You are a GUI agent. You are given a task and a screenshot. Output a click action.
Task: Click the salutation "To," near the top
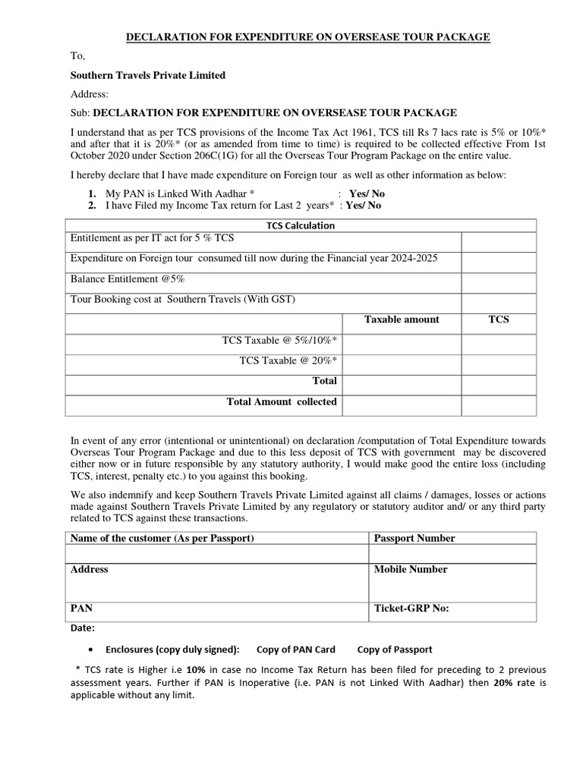(x=78, y=56)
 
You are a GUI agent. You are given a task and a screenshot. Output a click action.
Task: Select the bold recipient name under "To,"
(x=147, y=75)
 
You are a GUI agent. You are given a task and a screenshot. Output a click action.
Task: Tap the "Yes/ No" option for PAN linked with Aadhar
(x=367, y=193)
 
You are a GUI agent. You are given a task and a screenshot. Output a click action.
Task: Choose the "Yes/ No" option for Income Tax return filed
(x=364, y=205)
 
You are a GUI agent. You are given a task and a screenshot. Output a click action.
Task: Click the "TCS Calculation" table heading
(x=300, y=225)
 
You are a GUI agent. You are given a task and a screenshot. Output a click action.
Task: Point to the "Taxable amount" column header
(x=401, y=319)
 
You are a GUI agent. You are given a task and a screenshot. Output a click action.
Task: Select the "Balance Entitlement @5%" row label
(x=128, y=278)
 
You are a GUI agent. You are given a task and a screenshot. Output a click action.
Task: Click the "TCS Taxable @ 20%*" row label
(x=288, y=360)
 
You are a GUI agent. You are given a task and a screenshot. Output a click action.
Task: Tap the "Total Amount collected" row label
(x=282, y=401)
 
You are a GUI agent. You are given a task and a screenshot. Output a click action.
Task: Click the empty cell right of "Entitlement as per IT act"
(x=498, y=241)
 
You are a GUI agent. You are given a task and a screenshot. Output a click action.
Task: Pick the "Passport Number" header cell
(x=414, y=538)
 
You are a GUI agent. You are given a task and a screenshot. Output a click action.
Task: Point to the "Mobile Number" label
(x=411, y=569)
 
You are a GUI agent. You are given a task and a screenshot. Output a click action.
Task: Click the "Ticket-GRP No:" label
(x=412, y=608)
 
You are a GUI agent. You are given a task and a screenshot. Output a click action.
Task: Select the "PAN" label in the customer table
(x=82, y=608)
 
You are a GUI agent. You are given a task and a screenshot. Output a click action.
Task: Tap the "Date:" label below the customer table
(x=83, y=628)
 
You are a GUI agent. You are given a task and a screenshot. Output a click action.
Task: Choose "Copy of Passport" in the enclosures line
(x=395, y=649)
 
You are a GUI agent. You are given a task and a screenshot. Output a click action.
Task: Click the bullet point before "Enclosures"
(x=92, y=650)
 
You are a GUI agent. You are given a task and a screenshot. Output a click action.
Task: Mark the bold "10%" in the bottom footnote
(x=196, y=671)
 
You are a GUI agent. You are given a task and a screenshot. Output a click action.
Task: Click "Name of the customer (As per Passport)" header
(x=162, y=538)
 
